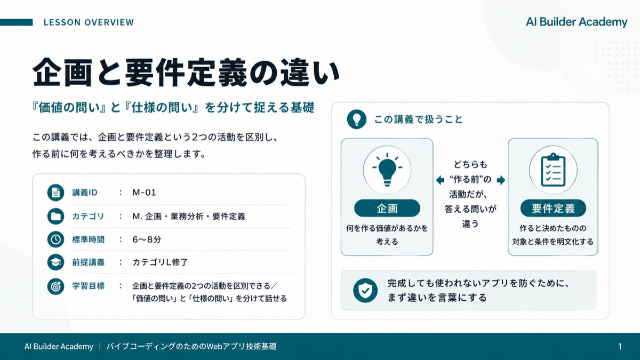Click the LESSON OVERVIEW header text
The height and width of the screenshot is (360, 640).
pos(89,22)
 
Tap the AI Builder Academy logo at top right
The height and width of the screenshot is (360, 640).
pos(577,22)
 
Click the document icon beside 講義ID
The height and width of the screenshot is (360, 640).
pos(55,193)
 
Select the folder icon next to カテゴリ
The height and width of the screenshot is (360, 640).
pos(55,216)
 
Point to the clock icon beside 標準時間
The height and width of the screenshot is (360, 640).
pos(55,239)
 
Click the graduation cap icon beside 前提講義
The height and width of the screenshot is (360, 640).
pos(55,262)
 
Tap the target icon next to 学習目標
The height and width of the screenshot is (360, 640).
pos(55,286)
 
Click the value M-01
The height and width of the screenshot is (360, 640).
pos(144,193)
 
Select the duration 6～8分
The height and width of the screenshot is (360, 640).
pos(147,239)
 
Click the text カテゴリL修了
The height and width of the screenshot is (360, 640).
pos(160,262)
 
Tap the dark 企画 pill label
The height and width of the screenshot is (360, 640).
pos(387,209)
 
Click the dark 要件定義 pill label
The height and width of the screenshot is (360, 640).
pos(553,209)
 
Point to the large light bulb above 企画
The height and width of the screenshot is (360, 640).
pos(387,170)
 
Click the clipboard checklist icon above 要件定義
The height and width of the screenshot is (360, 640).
pos(553,170)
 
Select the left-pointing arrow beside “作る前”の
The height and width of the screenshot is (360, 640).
pos(440,180)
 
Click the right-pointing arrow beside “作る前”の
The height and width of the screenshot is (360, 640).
pos(501,180)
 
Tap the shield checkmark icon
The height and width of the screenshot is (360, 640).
pos(365,290)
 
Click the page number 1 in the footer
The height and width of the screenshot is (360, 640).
pos(620,347)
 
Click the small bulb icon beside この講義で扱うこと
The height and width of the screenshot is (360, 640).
pos(357,119)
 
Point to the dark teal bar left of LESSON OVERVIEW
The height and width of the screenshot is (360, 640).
pos(17,22)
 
